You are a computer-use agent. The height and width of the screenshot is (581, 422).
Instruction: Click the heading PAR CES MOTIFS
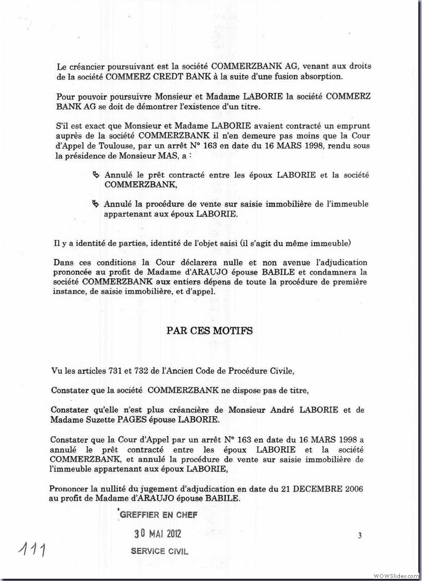[209, 331]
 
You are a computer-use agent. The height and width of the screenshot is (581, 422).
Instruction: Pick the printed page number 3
[359, 536]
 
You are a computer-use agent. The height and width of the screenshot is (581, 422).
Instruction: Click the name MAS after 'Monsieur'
[197, 157]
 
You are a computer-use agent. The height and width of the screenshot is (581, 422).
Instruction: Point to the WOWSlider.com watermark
[396, 575]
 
